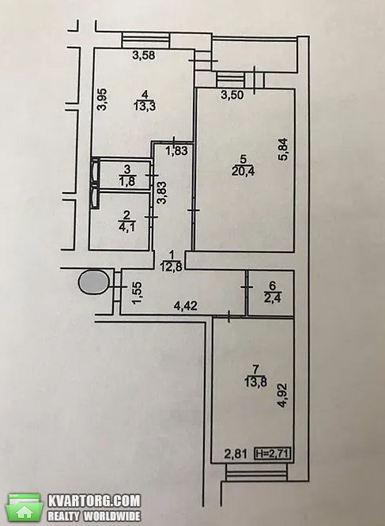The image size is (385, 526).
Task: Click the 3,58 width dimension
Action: pos(144,55)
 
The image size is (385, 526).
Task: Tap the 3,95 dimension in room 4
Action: pos(102,99)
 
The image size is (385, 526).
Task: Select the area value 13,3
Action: pos(145,107)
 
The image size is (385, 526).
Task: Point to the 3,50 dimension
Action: pos(232,95)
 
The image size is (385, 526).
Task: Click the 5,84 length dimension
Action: pos(283,149)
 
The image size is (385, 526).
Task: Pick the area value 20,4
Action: pos(243,172)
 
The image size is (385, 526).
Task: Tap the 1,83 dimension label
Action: pos(176,150)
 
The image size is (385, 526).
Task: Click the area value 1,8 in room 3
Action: pos(126,181)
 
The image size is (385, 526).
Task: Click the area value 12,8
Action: pos(172,267)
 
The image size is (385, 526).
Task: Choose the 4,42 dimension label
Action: pos(186,305)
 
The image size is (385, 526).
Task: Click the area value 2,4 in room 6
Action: pos(272,297)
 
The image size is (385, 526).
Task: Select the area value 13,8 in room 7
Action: pos(255,382)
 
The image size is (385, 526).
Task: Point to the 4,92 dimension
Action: pos(283,395)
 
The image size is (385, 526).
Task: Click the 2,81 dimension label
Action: pos(236,454)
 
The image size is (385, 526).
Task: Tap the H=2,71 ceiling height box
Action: pos(273,454)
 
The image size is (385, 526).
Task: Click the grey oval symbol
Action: pos(94,282)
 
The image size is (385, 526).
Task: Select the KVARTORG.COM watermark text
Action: pos(94,501)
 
